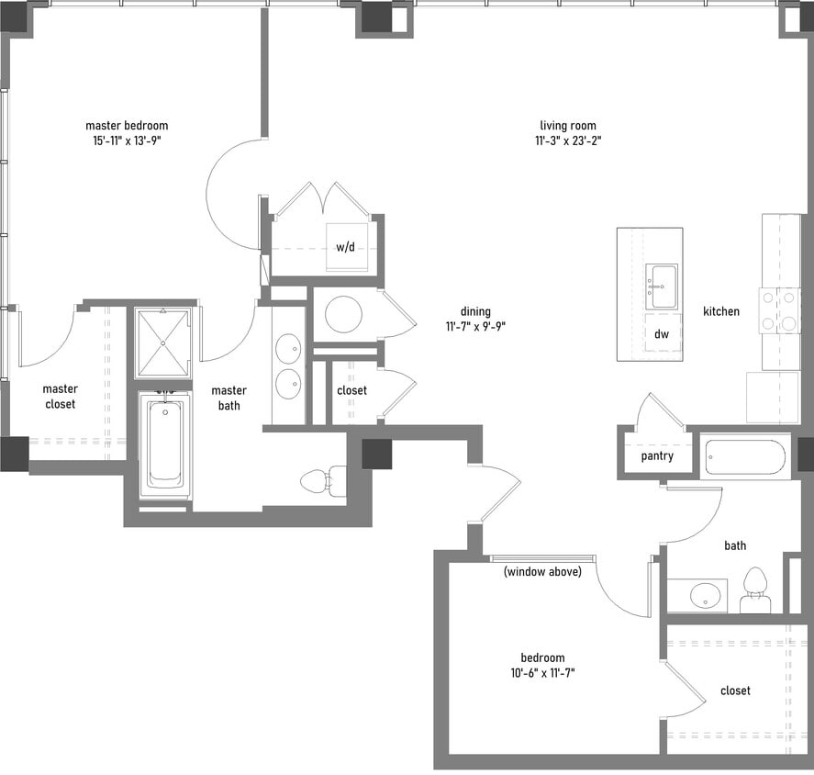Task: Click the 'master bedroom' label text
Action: (x=127, y=126)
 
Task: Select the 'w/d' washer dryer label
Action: (x=345, y=247)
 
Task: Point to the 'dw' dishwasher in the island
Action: (x=661, y=334)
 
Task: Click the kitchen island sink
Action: (x=661, y=286)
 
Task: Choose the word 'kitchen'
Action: (x=721, y=312)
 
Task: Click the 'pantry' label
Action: (x=657, y=456)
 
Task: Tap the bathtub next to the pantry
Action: (x=745, y=456)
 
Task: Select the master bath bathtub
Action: (x=165, y=444)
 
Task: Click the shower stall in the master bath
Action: (x=162, y=343)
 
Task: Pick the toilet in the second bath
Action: (x=755, y=591)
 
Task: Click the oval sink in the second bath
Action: (x=705, y=595)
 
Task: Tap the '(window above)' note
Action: (x=541, y=572)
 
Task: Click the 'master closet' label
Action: (x=60, y=396)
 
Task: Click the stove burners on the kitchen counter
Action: (x=780, y=310)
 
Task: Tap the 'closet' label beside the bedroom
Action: (x=735, y=691)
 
